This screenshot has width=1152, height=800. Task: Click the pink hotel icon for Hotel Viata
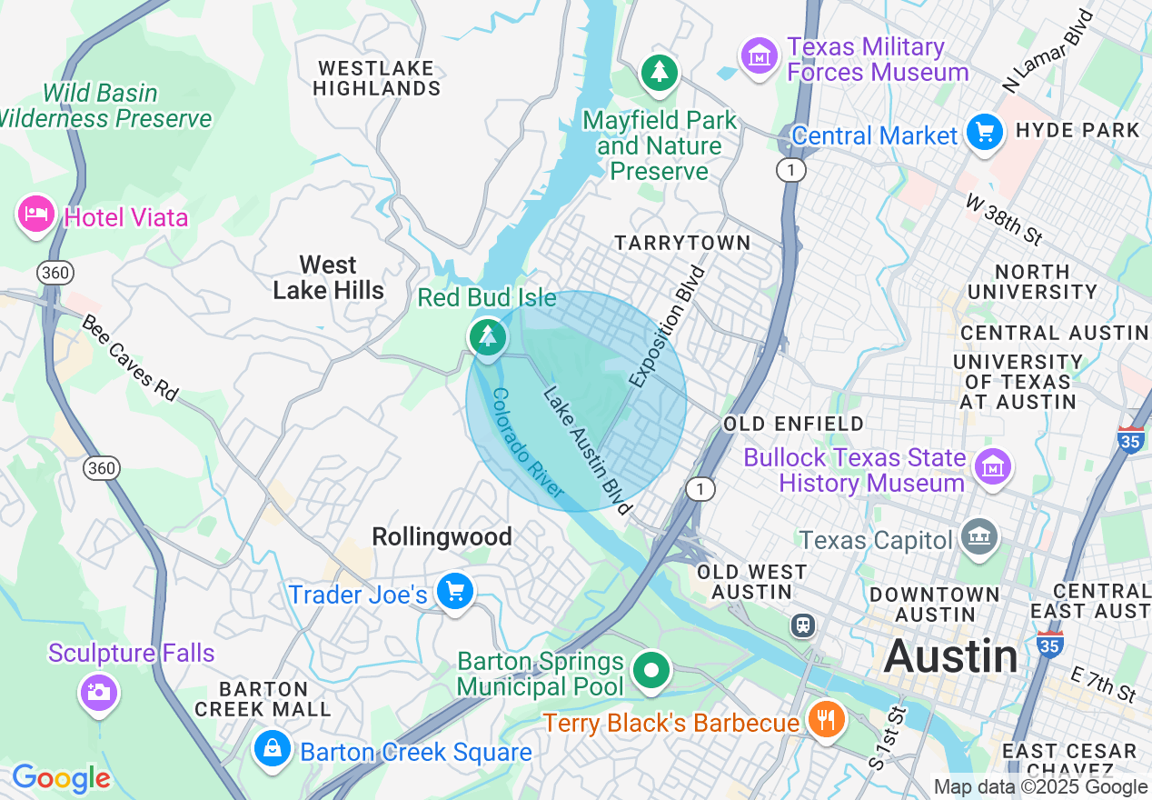point(35,215)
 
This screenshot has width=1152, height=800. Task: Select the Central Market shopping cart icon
point(984,134)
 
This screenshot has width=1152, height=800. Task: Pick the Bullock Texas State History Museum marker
point(992,468)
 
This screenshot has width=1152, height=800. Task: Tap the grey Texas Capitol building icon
point(980,537)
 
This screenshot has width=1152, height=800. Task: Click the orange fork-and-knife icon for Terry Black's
point(826,720)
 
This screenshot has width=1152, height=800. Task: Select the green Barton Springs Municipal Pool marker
point(650,672)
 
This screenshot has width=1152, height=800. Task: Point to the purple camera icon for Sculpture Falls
point(98,692)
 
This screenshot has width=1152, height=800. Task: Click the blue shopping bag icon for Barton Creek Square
point(272,750)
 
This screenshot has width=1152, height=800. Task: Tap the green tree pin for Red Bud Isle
point(488,336)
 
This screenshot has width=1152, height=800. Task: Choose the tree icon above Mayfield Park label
point(660,73)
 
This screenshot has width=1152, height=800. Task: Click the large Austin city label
point(950,655)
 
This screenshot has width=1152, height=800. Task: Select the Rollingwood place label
point(442,537)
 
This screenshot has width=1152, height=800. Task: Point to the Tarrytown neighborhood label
point(682,243)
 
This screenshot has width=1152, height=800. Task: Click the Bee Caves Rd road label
point(129,358)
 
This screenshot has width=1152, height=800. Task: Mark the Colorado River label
point(527,443)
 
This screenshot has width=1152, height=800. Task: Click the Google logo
point(61,778)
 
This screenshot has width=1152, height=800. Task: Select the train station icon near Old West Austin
point(803,625)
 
